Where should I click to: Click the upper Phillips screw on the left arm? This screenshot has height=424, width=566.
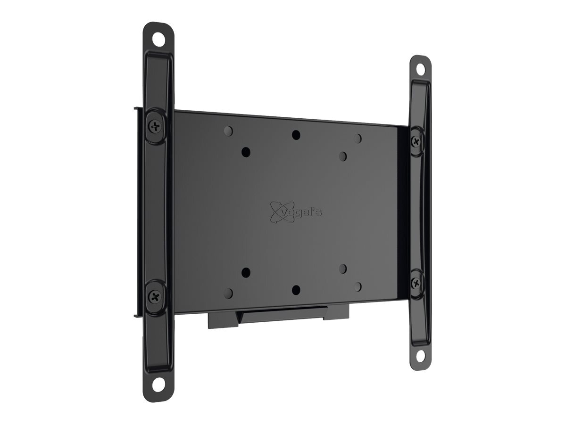[x=156, y=126]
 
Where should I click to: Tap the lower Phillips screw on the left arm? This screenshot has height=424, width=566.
[x=156, y=296]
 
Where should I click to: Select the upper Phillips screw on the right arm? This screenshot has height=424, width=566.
[x=416, y=141]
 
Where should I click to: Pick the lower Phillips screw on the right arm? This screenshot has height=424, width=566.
[x=416, y=283]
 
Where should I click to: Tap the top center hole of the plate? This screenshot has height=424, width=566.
[x=296, y=135]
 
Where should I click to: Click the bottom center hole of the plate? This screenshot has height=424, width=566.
[x=296, y=289]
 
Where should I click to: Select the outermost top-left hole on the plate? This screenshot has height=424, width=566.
[x=229, y=130]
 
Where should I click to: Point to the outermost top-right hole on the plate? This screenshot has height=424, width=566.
[x=358, y=138]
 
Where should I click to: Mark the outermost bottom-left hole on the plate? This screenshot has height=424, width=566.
[x=229, y=293]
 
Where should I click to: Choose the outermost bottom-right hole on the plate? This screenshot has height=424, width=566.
[x=358, y=286]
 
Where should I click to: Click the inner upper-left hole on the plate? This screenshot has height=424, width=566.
[x=245, y=152]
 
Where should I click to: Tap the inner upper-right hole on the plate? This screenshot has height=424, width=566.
[x=343, y=156]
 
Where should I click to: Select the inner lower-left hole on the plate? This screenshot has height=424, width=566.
[x=245, y=272]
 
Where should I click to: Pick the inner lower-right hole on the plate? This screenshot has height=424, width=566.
[x=343, y=269]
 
